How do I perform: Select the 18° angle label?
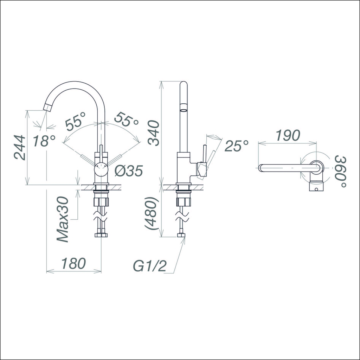pos(44,141)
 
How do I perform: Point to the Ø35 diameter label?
pos(129,171)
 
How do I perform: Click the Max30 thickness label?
pos(63,219)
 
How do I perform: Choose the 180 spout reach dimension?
pos(73,263)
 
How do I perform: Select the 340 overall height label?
pos(154,133)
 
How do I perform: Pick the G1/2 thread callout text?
pos(149,266)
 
